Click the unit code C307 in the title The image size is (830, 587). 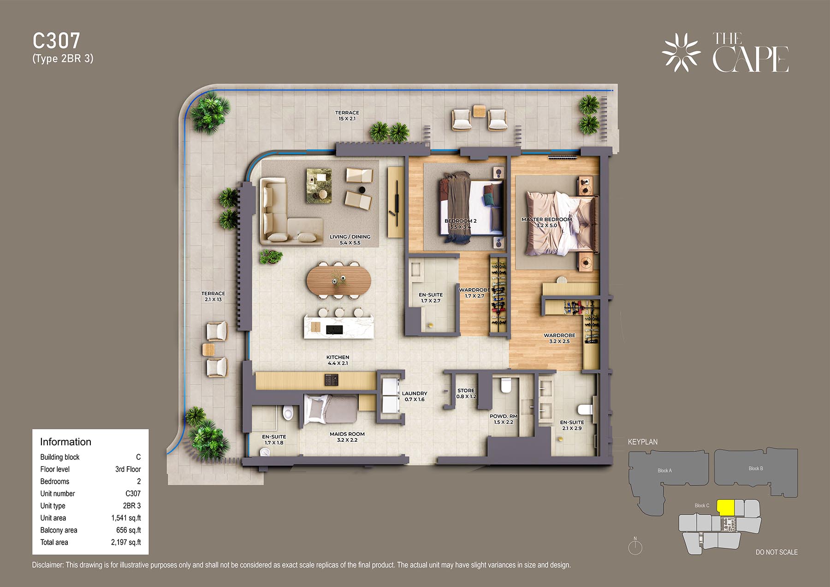click(56, 41)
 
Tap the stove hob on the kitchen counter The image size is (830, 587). click(331, 380)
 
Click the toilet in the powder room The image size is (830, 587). click(506, 385)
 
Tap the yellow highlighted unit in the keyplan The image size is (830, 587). click(726, 508)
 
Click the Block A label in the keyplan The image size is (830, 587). click(664, 470)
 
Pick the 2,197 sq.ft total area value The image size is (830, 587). click(126, 542)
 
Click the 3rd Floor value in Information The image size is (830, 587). click(128, 469)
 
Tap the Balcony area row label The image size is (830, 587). click(59, 530)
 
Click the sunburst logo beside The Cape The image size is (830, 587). click(681, 53)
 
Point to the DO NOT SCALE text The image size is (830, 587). click(777, 552)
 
